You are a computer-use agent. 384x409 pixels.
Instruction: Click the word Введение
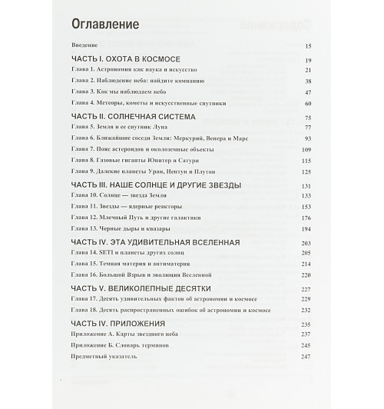tap(84, 46)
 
